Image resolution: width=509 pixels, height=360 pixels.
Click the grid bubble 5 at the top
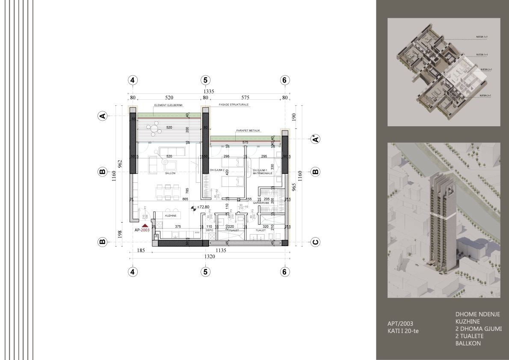pyautogui.click(x=205, y=80)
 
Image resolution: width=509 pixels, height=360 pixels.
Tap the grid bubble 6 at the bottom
pyautogui.click(x=285, y=271)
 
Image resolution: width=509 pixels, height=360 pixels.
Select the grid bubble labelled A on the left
pyautogui.click(x=102, y=116)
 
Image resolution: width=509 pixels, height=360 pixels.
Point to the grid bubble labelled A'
pyautogui.click(x=315, y=139)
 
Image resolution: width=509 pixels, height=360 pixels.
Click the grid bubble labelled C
pyautogui.click(x=315, y=242)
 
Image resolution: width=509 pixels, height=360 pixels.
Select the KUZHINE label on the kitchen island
pyautogui.click(x=171, y=216)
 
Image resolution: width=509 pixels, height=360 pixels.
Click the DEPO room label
pyautogui.click(x=209, y=230)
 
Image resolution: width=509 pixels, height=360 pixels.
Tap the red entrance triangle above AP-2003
pyautogui.click(x=145, y=225)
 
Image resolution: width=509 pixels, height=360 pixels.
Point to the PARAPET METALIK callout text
pyautogui.click(x=248, y=130)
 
